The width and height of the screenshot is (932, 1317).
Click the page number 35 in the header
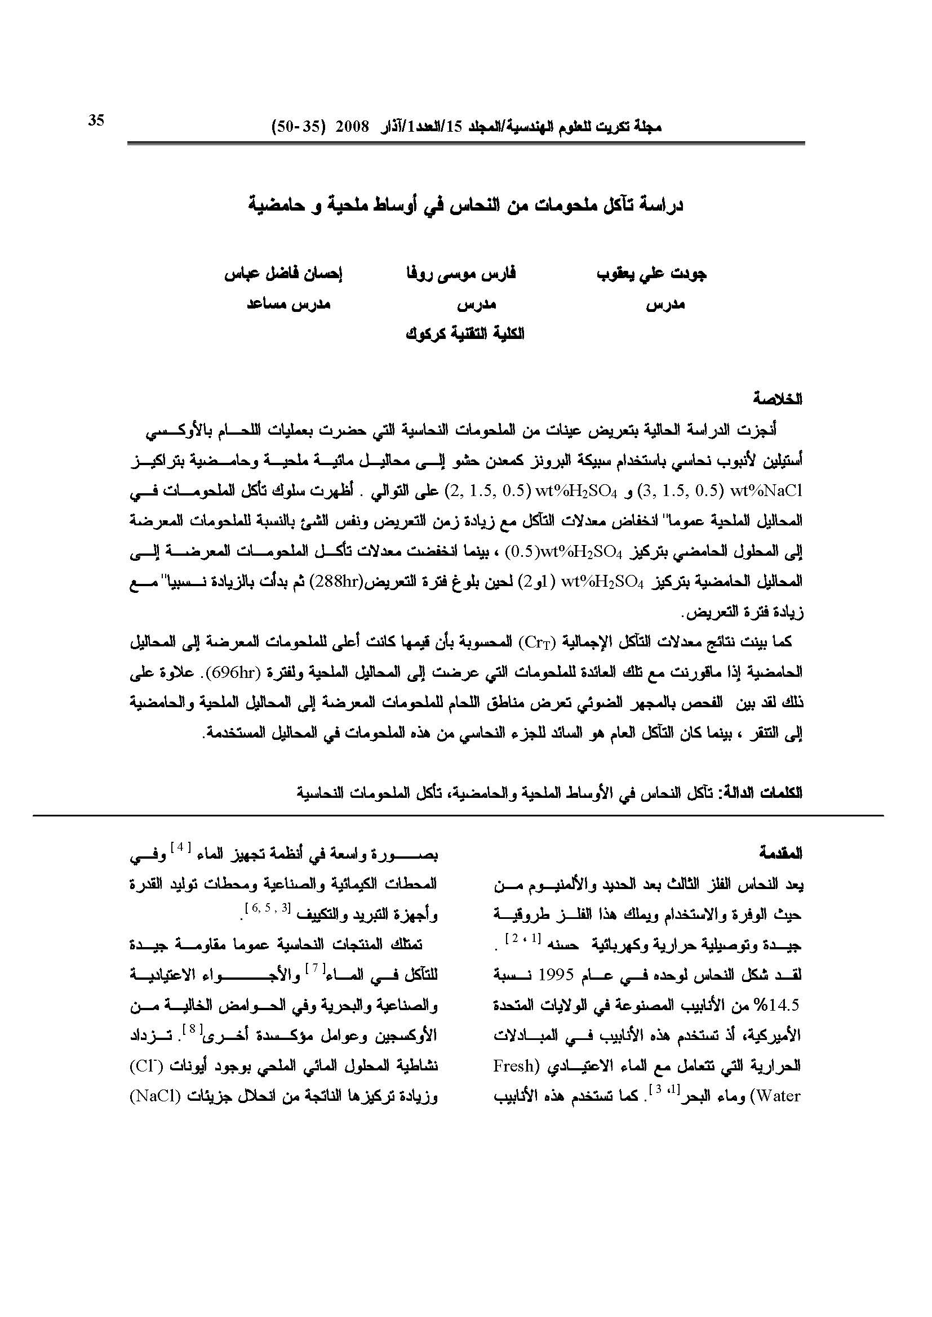[x=96, y=120]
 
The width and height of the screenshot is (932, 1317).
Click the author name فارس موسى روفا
[x=461, y=274]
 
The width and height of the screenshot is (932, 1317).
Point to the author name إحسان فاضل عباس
[x=283, y=274]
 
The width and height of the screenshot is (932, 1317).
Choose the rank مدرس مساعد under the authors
[x=288, y=305]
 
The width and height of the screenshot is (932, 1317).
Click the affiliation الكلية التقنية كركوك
[x=465, y=334]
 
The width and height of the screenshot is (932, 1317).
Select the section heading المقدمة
[x=780, y=854]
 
